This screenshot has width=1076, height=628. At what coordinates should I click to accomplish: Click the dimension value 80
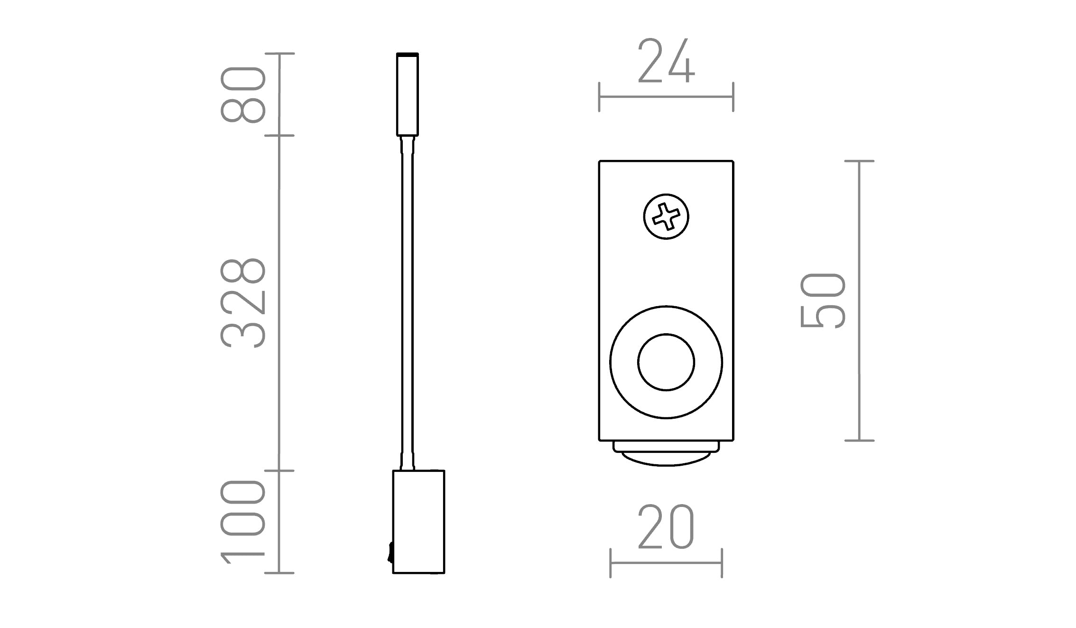243,94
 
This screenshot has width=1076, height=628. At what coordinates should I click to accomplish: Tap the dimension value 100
243,521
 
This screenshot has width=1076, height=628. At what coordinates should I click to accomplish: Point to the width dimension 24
666,61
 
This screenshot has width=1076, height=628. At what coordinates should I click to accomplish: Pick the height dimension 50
823,300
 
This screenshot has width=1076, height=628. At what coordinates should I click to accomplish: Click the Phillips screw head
666,216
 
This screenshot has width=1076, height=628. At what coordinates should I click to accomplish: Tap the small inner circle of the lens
666,362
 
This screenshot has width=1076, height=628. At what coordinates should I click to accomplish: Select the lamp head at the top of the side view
408,94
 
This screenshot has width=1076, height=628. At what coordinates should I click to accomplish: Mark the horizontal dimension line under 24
666,97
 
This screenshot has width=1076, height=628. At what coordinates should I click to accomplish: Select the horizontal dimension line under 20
666,563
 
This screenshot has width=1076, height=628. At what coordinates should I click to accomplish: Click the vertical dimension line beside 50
860,300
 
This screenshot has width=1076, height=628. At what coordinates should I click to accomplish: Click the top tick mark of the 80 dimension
279,54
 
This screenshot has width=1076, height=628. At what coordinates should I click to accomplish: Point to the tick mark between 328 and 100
279,470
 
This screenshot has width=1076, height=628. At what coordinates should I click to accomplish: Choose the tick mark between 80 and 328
279,135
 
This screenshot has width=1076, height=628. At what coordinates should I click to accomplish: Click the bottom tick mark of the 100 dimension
279,573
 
